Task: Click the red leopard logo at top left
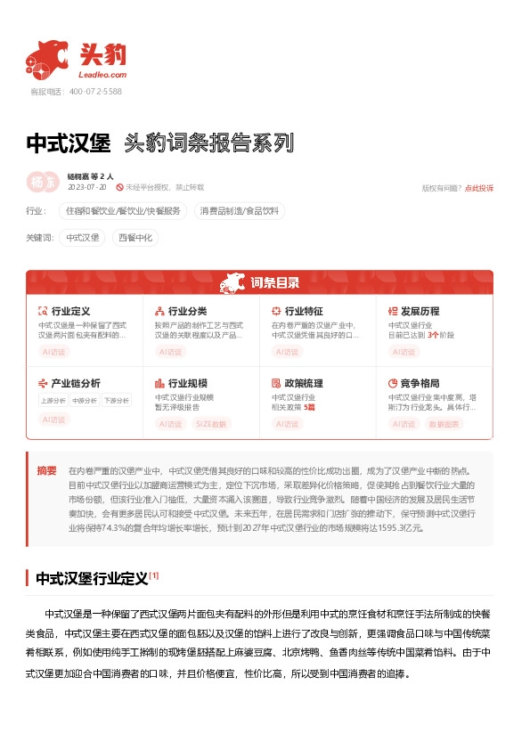pyautogui.click(x=47, y=56)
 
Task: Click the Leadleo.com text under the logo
pyautogui.click(x=102, y=76)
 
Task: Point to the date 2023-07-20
pyautogui.click(x=86, y=188)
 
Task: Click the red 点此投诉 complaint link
pyautogui.click(x=479, y=188)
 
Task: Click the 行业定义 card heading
pyautogui.click(x=71, y=311)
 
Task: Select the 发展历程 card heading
pyautogui.click(x=420, y=311)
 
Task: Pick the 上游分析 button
pyautogui.click(x=53, y=401)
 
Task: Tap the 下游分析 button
pyautogui.click(x=116, y=401)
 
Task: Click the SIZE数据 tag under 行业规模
pyautogui.click(x=211, y=424)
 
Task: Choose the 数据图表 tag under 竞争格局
pyautogui.click(x=444, y=424)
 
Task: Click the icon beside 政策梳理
pyautogui.click(x=276, y=383)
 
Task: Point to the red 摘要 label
pyautogui.click(x=46, y=470)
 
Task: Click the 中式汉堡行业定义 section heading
pyautogui.click(x=91, y=578)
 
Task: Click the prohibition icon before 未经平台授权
pyautogui.click(x=119, y=188)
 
